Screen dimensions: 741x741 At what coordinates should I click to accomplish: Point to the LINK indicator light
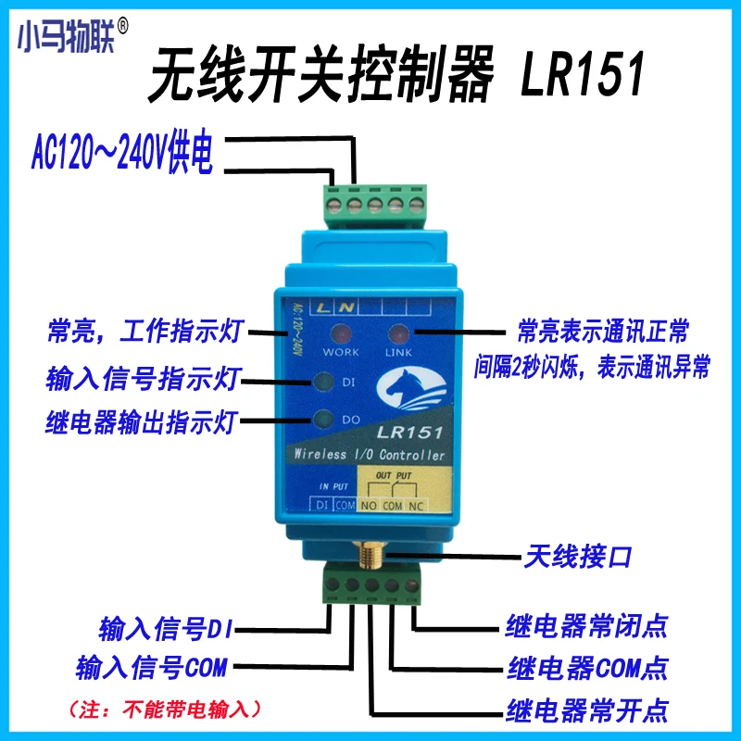pyautogui.click(x=401, y=334)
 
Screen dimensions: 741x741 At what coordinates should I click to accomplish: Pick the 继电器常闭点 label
pyautogui.click(x=585, y=626)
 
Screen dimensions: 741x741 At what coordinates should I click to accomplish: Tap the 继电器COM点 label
pyautogui.click(x=587, y=668)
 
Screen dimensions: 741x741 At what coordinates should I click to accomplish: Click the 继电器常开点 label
pyautogui.click(x=585, y=710)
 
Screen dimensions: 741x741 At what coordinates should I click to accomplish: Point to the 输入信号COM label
pyautogui.click(x=151, y=667)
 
